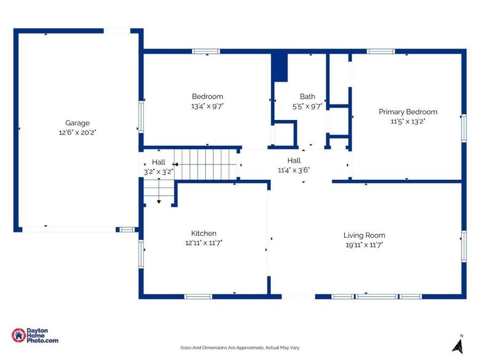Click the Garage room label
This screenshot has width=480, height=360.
click(x=77, y=123)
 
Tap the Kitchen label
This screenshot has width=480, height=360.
click(x=204, y=233)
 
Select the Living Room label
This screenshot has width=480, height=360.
click(x=364, y=235)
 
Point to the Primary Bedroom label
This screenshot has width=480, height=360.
click(x=408, y=112)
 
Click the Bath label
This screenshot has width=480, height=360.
click(x=307, y=97)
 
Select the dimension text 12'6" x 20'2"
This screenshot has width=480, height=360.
click(x=77, y=133)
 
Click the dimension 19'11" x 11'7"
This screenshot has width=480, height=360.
click(x=364, y=245)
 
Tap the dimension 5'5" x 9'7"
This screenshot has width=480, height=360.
click(x=307, y=106)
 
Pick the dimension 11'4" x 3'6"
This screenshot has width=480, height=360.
click(x=294, y=170)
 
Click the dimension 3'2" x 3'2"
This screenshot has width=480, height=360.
click(x=158, y=172)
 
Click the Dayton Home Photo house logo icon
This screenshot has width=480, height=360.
click(x=19, y=335)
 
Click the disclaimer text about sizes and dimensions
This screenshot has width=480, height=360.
click(x=239, y=347)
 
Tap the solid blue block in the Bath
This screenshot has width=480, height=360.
click(x=280, y=68)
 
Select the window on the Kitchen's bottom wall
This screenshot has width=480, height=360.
click(x=198, y=297)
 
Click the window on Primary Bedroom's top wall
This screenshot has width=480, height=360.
click(x=381, y=51)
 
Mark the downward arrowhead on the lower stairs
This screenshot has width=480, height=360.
click(x=159, y=202)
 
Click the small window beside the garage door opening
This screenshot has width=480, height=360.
click(x=127, y=229)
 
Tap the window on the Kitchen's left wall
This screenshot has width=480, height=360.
click(x=141, y=254)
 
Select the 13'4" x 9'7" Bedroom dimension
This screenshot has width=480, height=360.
click(x=207, y=106)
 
